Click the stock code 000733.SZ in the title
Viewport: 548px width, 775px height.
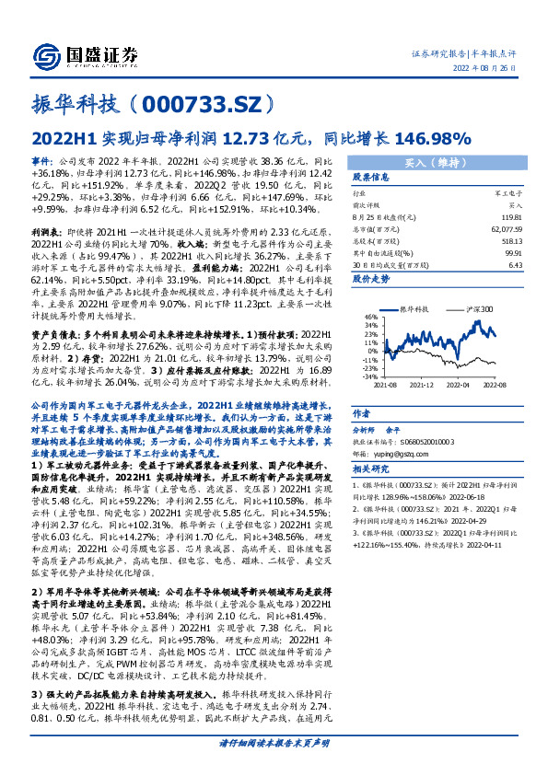pyautogui.click(x=197, y=102)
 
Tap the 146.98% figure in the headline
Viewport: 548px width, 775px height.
pyautogui.click(x=432, y=138)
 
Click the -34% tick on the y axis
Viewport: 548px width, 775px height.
pyautogui.click(x=367, y=376)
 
